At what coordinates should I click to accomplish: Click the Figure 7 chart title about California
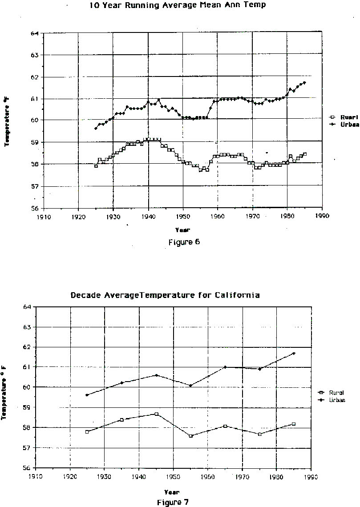click(165, 295)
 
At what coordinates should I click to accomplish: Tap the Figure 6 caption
click(184, 242)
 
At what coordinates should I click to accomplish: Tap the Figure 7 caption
click(173, 502)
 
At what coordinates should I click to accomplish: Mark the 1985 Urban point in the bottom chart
click(294, 354)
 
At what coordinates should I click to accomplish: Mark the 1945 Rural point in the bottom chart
click(156, 414)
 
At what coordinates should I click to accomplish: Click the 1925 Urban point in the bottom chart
click(87, 395)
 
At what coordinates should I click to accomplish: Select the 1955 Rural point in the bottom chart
click(190, 436)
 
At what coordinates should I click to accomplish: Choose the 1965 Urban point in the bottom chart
click(225, 367)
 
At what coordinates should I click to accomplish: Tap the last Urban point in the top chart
click(304, 83)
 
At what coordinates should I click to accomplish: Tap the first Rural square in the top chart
click(96, 166)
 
